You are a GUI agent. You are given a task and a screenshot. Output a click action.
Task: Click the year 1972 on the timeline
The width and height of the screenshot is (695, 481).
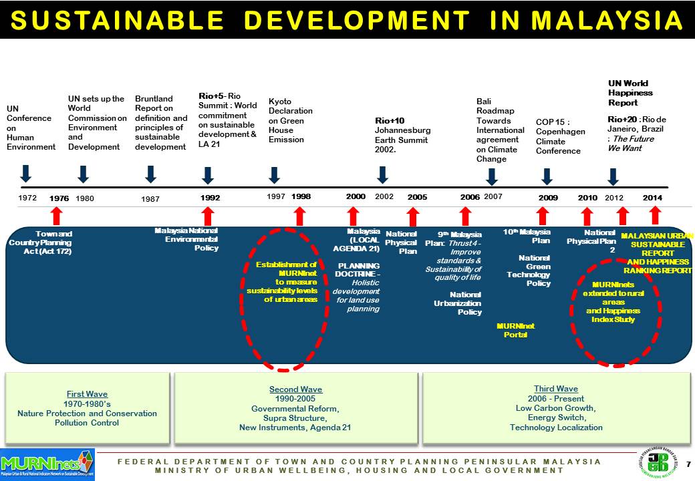(x=27, y=198)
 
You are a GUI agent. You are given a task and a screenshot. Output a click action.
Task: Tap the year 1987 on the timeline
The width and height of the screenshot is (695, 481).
(x=150, y=199)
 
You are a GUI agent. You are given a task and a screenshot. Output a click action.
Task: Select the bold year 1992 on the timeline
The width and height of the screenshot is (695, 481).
(x=210, y=198)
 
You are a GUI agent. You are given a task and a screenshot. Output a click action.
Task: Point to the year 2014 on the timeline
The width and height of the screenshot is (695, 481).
(x=652, y=198)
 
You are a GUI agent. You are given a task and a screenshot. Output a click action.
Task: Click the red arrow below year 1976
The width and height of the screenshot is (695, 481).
(x=57, y=216)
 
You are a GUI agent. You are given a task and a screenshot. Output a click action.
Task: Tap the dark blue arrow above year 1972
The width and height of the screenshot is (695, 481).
(x=25, y=174)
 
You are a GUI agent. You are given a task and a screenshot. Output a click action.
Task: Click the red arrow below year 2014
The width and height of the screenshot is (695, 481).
(x=655, y=215)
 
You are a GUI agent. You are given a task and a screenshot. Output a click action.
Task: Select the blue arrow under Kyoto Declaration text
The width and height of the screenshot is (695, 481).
(x=274, y=175)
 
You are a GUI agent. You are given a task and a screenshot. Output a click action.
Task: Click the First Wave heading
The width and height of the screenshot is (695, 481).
(x=87, y=394)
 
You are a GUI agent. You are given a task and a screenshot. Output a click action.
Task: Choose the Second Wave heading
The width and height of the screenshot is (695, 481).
(x=295, y=389)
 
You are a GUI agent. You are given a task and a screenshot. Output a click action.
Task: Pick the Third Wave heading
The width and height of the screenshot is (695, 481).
(x=556, y=389)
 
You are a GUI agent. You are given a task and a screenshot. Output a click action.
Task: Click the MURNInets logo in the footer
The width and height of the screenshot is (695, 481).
(x=47, y=463)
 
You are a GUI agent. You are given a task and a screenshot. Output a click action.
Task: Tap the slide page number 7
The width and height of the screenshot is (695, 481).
(x=688, y=463)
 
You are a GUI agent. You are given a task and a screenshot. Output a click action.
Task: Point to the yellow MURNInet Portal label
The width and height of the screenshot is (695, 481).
(x=515, y=330)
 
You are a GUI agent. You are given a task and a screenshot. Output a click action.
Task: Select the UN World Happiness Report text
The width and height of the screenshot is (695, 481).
(x=630, y=94)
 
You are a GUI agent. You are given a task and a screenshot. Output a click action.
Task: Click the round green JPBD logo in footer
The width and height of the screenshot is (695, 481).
(x=658, y=462)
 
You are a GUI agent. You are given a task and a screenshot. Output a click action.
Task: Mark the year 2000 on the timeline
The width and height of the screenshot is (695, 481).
(x=356, y=197)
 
